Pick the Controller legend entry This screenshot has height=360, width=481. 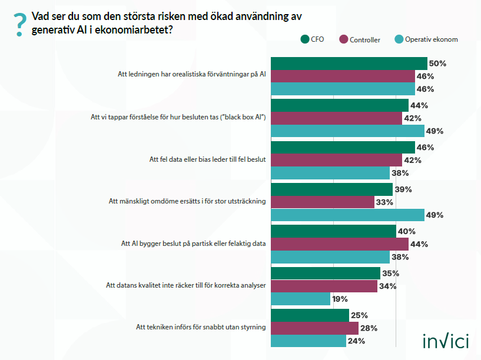coord(359,39)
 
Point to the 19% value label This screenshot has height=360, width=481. coord(340,299)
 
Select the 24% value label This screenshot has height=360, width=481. coord(356,341)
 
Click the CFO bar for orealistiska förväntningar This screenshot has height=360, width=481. coord(349,64)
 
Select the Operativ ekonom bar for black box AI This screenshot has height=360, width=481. coord(347,131)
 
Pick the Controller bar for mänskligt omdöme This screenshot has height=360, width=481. coord(322,202)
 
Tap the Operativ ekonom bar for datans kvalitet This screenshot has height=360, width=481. coord(300,299)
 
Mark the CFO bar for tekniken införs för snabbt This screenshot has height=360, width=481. coord(310,315)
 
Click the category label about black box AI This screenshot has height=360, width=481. coord(178,117)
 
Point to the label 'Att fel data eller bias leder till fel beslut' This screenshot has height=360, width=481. coord(208,159)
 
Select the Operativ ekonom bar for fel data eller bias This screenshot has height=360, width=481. coord(330,173)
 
